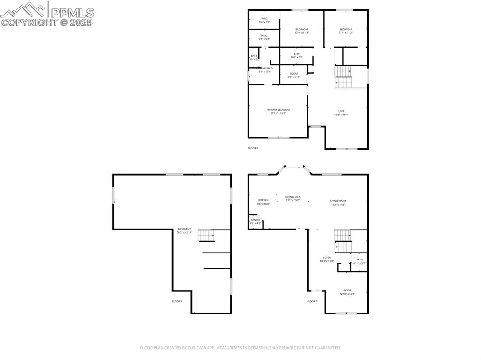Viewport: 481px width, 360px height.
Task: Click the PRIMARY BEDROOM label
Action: [278, 109]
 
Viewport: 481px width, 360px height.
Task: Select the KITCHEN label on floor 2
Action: [263, 200]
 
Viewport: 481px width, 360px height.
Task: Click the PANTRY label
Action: [256, 220]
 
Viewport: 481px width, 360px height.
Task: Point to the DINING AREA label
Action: [293, 197]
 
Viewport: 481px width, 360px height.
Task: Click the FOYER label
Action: [326, 257]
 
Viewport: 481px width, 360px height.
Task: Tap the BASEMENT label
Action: [185, 229]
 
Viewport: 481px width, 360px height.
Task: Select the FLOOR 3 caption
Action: [253, 148]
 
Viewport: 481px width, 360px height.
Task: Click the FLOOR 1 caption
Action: [177, 301]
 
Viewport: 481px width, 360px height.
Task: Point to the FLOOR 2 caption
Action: [312, 301]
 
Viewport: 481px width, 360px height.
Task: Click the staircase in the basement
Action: [206, 235]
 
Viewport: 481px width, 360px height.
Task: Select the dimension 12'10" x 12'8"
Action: [347, 294]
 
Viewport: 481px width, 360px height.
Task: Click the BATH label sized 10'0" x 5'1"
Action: [297, 54]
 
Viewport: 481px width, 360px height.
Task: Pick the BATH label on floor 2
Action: [359, 260]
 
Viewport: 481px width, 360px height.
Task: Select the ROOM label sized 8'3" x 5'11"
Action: [294, 73]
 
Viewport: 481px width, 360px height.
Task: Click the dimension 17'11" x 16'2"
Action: [278, 113]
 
